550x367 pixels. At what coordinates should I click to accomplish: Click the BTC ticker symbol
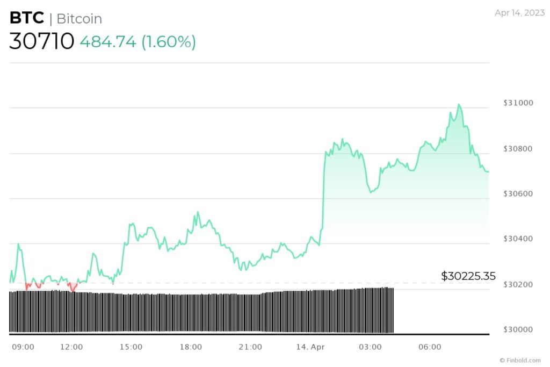(x=26, y=18)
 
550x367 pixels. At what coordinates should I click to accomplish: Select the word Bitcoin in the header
(x=79, y=19)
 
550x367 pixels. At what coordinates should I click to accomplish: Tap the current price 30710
(x=41, y=41)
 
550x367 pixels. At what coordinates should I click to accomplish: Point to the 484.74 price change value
(x=108, y=42)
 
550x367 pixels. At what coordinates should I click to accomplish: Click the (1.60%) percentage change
(x=169, y=42)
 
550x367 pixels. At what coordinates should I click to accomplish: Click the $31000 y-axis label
(x=519, y=103)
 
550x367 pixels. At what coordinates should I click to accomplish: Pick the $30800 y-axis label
(x=519, y=148)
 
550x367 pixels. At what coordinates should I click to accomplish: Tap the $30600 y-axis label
(x=519, y=193)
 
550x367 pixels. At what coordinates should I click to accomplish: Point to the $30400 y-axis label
(x=519, y=239)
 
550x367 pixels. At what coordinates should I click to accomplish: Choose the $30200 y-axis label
(x=519, y=284)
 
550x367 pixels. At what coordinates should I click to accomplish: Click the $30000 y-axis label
(x=519, y=329)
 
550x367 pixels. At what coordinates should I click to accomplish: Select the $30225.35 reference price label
(x=468, y=276)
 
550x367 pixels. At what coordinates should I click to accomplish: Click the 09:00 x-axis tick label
(x=23, y=347)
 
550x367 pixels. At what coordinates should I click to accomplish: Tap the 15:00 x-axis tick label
(x=131, y=347)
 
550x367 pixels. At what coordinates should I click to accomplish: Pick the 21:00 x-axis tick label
(x=251, y=347)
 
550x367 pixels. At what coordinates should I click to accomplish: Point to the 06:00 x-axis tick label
(x=430, y=347)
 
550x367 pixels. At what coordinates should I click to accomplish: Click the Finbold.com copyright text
(x=520, y=360)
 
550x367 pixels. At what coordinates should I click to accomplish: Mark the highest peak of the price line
(x=459, y=104)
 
